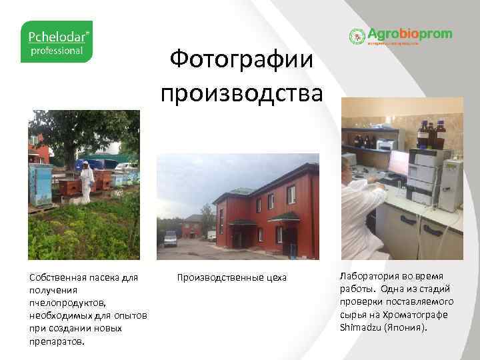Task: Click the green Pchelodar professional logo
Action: point(57,41)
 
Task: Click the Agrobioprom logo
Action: point(401,35)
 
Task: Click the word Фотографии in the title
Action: point(241,61)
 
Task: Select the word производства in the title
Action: point(241,91)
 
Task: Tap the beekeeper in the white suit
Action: point(86,178)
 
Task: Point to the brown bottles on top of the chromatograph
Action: point(430,135)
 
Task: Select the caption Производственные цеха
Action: point(231,277)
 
